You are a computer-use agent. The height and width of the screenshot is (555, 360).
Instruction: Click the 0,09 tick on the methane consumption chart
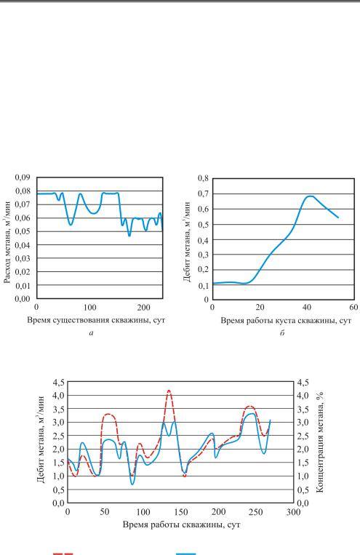pyautogui.click(x=23, y=177)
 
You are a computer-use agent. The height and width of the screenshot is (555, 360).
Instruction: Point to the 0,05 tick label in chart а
pyautogui.click(x=23, y=231)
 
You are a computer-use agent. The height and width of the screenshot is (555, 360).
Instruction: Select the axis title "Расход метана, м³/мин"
pyautogui.click(x=7, y=242)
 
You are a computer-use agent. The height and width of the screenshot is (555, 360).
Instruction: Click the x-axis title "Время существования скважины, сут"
pyautogui.click(x=96, y=321)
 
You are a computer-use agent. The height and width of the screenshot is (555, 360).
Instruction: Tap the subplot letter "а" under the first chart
pyautogui.click(x=92, y=332)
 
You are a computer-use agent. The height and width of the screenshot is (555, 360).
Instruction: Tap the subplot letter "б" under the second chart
pyautogui.click(x=282, y=332)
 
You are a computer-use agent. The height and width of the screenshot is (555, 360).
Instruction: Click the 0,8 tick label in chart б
pyautogui.click(x=204, y=178)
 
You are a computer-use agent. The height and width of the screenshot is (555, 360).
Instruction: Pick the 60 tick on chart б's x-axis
pyautogui.click(x=353, y=307)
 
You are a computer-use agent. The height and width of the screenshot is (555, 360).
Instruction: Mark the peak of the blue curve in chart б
pyautogui.click(x=310, y=196)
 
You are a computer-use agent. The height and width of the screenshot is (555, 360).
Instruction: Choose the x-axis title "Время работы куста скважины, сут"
pyautogui.click(x=286, y=321)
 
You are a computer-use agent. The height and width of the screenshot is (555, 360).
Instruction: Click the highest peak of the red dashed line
pyautogui.click(x=169, y=391)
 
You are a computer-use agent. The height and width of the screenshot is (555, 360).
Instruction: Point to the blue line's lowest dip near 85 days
pyautogui.click(x=133, y=484)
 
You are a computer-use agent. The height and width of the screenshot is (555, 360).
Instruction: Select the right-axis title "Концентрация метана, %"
pyautogui.click(x=320, y=442)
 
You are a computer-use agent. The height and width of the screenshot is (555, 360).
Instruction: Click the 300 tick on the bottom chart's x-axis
pyautogui.click(x=293, y=512)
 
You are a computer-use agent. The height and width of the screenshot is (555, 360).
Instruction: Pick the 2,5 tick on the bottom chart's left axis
pyautogui.click(x=58, y=436)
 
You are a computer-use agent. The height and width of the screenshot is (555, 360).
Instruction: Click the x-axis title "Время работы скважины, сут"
pyautogui.click(x=181, y=524)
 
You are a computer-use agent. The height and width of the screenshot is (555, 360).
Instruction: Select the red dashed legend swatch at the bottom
pyautogui.click(x=63, y=554)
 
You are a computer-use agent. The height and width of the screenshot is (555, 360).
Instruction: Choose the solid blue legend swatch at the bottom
pyautogui.click(x=186, y=554)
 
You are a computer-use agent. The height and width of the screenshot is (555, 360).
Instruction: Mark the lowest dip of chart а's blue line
pyautogui.click(x=129, y=236)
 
